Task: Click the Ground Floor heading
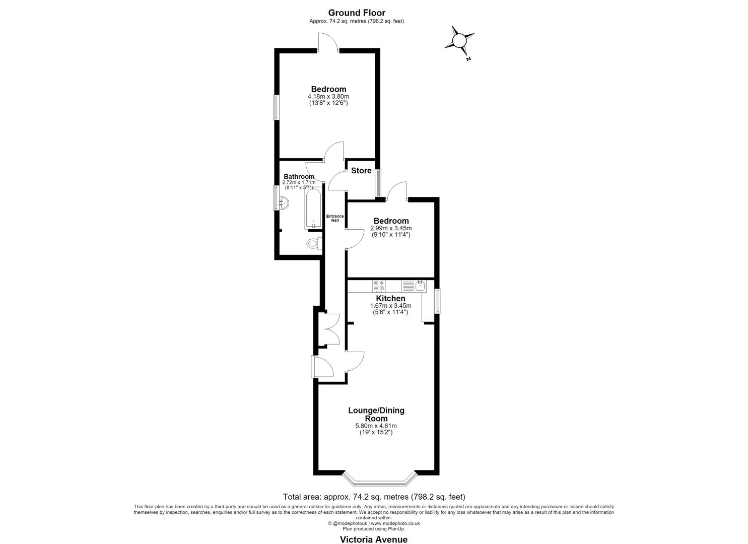click(x=357, y=13)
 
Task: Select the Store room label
click(x=361, y=171)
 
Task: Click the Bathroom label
click(x=299, y=176)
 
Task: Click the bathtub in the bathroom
click(x=313, y=209)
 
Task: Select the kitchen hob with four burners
click(x=379, y=286)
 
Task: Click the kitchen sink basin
click(x=420, y=286)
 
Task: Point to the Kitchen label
click(x=390, y=298)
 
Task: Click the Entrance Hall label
click(x=334, y=218)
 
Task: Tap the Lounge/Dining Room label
click(x=376, y=414)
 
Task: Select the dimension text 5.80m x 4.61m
click(x=376, y=426)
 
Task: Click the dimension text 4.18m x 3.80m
click(x=328, y=97)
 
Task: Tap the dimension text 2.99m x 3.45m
click(x=391, y=228)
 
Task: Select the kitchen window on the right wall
click(x=437, y=301)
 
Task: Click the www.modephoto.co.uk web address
click(x=395, y=523)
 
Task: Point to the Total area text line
click(x=374, y=497)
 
